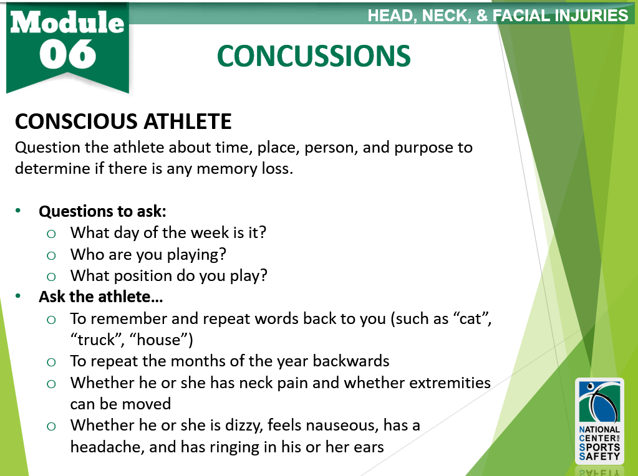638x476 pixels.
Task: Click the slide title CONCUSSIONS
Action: [x=314, y=56]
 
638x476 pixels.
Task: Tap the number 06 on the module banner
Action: [x=67, y=54]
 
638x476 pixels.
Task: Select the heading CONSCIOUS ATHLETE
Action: [x=123, y=121]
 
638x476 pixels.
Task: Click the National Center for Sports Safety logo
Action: [x=599, y=421]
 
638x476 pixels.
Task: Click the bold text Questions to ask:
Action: [x=102, y=211]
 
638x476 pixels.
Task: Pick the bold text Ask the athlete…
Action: [x=101, y=297]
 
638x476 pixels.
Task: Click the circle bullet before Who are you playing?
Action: [x=51, y=255]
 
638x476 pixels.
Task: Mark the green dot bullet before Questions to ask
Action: [x=18, y=211]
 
